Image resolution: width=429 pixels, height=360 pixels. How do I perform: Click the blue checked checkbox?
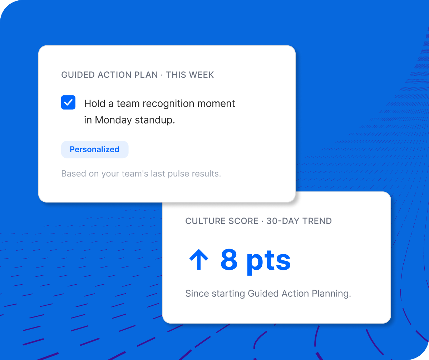pos(68,102)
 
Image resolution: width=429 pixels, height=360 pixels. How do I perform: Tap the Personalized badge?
pos(94,149)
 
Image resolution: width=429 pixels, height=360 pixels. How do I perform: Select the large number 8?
pos(229,260)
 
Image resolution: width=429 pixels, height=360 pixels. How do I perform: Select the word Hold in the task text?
pos(94,104)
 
